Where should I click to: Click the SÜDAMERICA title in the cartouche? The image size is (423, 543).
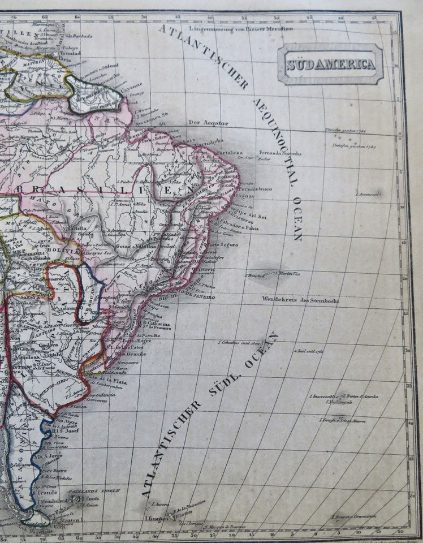pos(330,64)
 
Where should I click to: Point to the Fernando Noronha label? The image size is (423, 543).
pos(280,153)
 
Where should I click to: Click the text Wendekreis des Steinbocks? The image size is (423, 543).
pos(300,301)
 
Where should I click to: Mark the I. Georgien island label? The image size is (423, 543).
pos(158,517)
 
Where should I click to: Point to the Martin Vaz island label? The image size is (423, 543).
pos(288,274)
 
